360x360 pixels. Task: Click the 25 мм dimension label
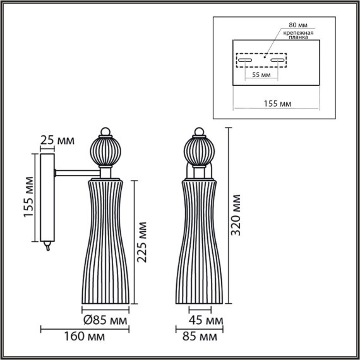coord(56,140)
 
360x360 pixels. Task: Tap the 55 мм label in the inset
coord(261,75)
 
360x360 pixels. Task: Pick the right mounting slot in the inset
coord(279,61)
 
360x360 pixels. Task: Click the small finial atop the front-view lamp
coord(198,131)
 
